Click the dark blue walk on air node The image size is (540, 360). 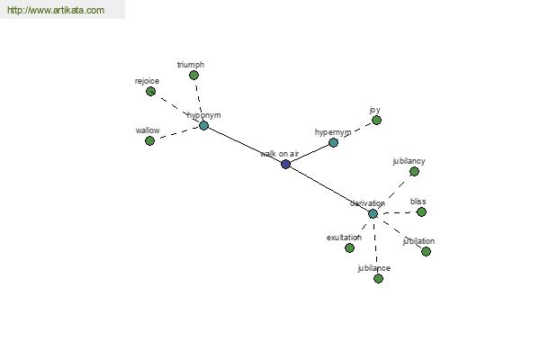[285, 164]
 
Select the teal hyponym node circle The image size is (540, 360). [203, 125]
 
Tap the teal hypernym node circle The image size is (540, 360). [333, 142]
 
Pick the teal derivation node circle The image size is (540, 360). [373, 213]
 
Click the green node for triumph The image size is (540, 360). [193, 76]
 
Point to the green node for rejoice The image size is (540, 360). [150, 91]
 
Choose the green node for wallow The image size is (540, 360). [149, 140]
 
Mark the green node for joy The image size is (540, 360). [376, 120]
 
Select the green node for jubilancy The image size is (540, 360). [414, 171]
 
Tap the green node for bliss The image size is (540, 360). [421, 211]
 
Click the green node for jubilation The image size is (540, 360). [426, 251]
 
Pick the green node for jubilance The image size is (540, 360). [378, 278]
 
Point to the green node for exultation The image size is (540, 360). [349, 247]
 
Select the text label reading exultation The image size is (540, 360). [344, 238]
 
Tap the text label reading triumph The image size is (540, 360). [191, 65]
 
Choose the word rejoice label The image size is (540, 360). [147, 81]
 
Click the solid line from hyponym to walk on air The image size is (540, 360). [244, 144]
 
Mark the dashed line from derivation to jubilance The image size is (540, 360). [375, 245]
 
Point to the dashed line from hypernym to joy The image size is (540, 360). [355, 131]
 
